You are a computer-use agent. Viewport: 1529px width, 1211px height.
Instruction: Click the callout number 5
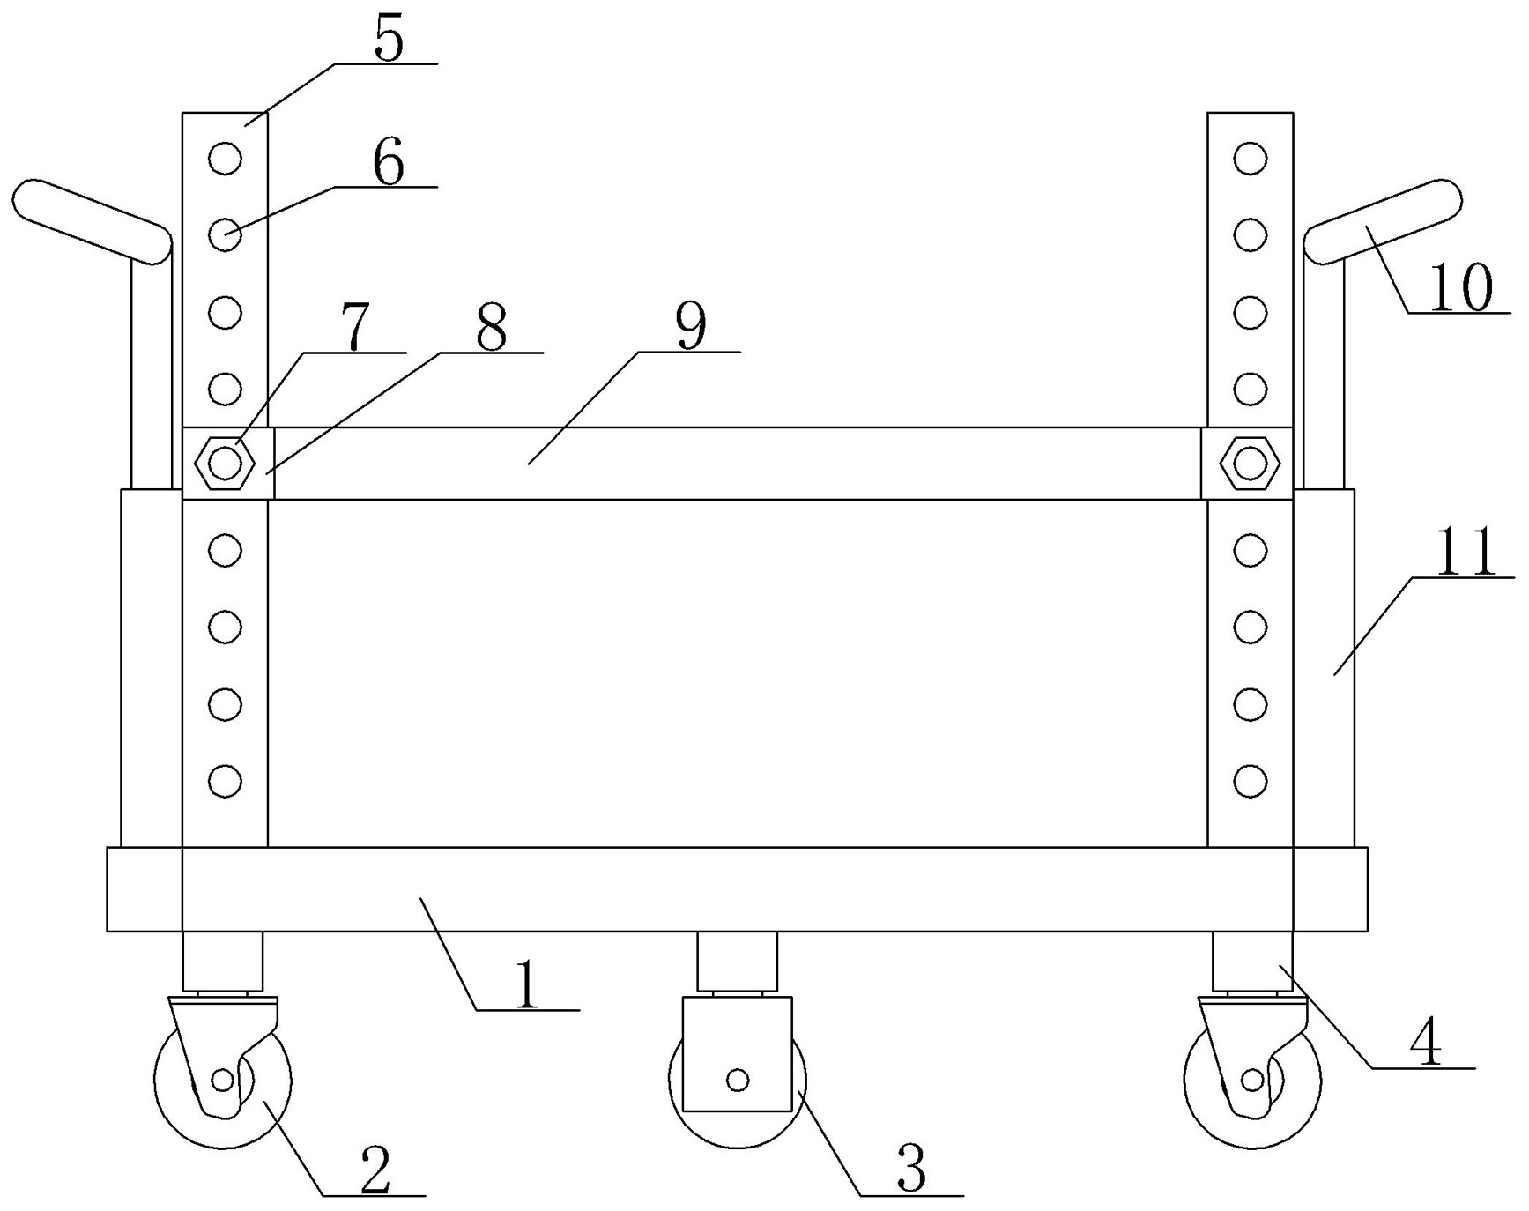tap(389, 40)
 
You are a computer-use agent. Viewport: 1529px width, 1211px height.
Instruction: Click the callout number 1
tap(526, 984)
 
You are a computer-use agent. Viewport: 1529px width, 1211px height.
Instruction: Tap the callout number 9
tap(691, 327)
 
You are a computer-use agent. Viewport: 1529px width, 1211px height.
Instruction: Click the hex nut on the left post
tap(226, 463)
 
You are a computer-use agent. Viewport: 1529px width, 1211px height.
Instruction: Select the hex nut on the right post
tap(1250, 463)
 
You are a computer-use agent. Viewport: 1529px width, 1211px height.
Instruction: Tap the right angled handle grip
tap(1383, 220)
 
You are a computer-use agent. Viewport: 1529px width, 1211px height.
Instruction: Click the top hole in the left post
tap(226, 159)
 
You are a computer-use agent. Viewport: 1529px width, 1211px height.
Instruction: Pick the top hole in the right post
tap(1250, 159)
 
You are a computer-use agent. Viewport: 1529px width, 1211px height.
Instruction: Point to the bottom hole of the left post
tap(226, 780)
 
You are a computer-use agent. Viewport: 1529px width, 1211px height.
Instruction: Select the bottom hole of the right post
tap(1250, 780)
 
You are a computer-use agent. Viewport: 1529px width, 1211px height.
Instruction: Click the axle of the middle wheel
tap(738, 1079)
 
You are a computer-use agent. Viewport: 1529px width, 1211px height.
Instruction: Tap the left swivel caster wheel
tap(222, 1081)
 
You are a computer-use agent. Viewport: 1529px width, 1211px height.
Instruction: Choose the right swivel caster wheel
tap(1251, 1081)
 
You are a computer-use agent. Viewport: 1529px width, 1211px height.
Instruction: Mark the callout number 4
tap(1425, 1044)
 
